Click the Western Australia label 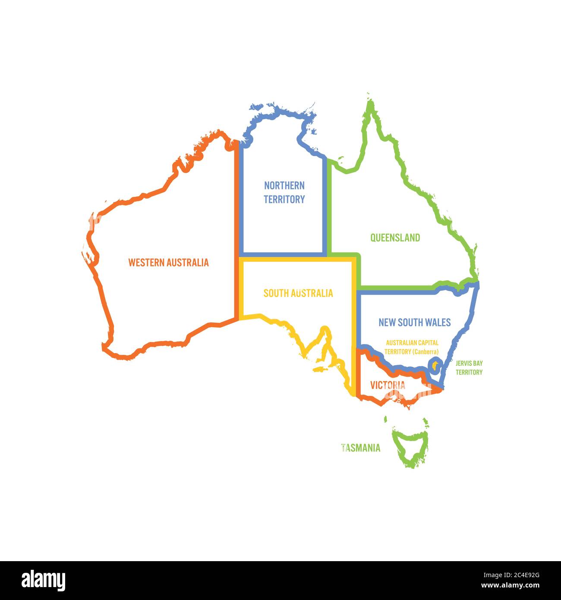(x=168, y=262)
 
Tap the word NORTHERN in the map (x=284, y=186)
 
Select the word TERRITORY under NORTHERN (x=284, y=199)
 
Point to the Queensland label (x=395, y=238)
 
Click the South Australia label (x=298, y=294)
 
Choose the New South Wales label (x=414, y=322)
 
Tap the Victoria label (x=388, y=385)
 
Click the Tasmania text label (x=361, y=448)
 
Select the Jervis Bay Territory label (x=469, y=368)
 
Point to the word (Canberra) (x=425, y=352)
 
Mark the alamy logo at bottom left (x=44, y=581)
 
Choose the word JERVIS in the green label (x=462, y=363)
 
